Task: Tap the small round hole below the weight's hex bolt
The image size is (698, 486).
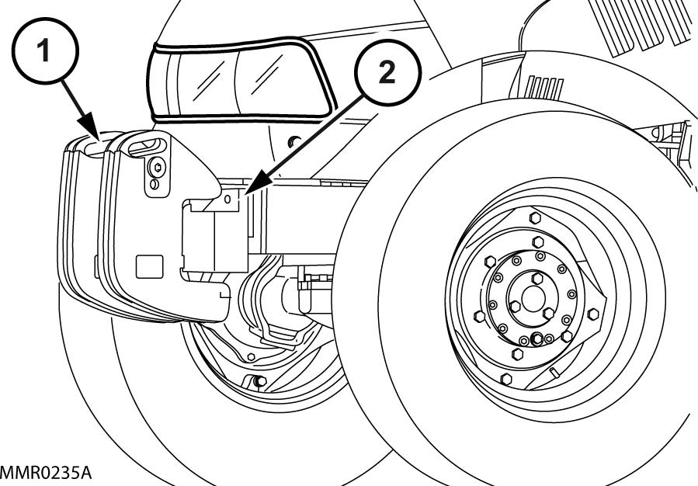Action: [154, 184]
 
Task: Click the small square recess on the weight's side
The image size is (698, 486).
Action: [147, 266]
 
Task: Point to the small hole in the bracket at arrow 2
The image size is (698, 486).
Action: [228, 199]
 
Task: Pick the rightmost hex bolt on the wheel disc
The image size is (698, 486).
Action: [594, 314]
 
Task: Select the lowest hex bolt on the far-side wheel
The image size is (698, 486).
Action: [258, 380]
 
